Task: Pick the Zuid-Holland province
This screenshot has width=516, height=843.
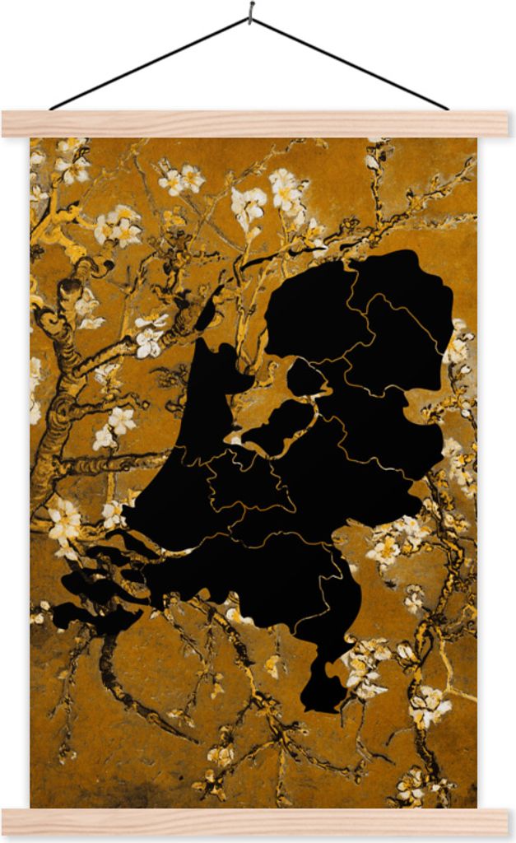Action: pos(177,502)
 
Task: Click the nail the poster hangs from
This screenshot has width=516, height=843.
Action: pos(251,11)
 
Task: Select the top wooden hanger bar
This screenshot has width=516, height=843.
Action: pos(255,123)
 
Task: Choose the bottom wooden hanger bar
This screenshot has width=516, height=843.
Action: pos(255,821)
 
